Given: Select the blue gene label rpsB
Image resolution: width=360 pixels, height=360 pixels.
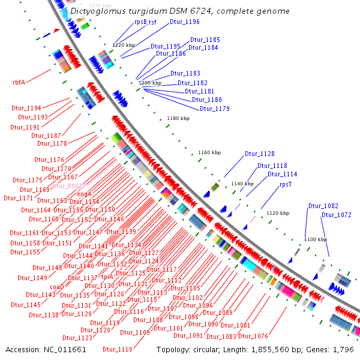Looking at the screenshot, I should point(140,22).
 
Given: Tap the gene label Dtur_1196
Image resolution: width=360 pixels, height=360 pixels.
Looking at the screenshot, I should point(185,22).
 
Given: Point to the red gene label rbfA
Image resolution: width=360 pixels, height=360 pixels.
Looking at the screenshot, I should point(19,83).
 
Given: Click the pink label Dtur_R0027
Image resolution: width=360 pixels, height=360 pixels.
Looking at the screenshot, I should point(69,187).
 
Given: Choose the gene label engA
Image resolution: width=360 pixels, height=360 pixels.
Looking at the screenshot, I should point(84,194).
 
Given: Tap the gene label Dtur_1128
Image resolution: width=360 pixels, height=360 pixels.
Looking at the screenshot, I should point(259,154).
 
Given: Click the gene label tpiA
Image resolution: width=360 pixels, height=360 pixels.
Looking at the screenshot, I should point(108,277).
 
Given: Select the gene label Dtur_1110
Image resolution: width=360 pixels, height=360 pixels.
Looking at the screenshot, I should point(118,349).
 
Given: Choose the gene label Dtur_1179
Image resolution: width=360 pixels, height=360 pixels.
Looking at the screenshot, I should point(215,109).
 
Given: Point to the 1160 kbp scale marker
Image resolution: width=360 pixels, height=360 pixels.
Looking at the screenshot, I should point(209,153).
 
